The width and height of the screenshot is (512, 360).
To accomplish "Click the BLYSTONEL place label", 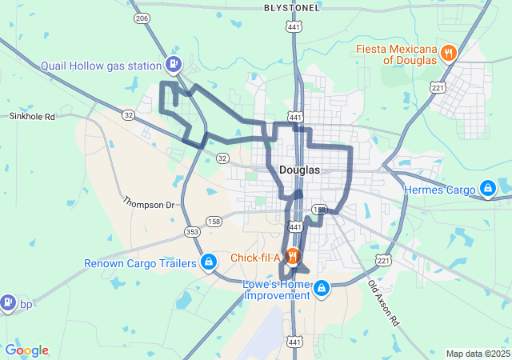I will tap(292, 7).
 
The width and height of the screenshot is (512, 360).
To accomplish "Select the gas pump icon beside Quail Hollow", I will tap(172, 64).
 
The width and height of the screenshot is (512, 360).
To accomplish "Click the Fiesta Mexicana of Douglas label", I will tap(398, 54).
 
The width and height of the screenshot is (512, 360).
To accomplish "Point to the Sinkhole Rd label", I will tap(32, 116).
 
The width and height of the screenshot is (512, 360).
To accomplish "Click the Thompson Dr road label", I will tap(148, 205).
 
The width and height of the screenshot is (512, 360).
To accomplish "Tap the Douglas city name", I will tap(300, 170).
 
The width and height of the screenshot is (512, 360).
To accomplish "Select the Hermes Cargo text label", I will tap(439, 190).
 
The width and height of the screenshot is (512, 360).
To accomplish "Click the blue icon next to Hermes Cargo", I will tap(486, 189).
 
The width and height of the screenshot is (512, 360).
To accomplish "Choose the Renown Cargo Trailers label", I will tap(141, 263).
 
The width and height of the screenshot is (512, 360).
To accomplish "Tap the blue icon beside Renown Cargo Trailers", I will tap(208, 262).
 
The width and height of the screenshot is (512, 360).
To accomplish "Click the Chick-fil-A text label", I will tap(255, 258).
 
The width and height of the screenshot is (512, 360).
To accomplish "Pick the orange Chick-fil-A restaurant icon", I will tap(293, 257).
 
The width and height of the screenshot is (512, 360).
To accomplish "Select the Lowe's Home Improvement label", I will tap(277, 290).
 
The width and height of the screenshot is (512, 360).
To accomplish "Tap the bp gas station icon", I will tap(8, 302).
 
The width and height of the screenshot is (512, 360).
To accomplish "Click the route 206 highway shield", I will tap(142, 18).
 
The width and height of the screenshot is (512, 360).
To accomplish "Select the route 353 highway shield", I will tap(191, 232).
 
